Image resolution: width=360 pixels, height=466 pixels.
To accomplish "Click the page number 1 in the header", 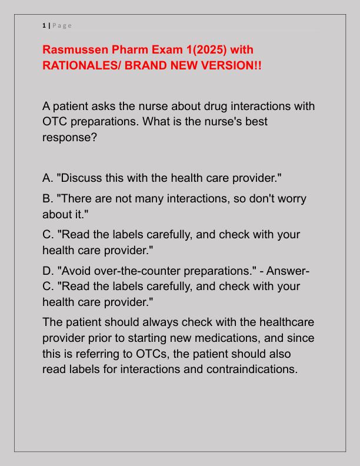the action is click(44, 25).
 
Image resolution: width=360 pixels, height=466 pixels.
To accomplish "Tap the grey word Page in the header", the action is click(62, 25).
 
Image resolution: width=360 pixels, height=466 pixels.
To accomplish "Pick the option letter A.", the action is click(48, 177).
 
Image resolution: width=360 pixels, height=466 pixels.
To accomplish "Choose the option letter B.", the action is click(48, 199).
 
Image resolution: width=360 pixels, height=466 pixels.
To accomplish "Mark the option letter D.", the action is click(48, 271).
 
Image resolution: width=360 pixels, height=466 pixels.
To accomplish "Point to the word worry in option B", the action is click(289, 199).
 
